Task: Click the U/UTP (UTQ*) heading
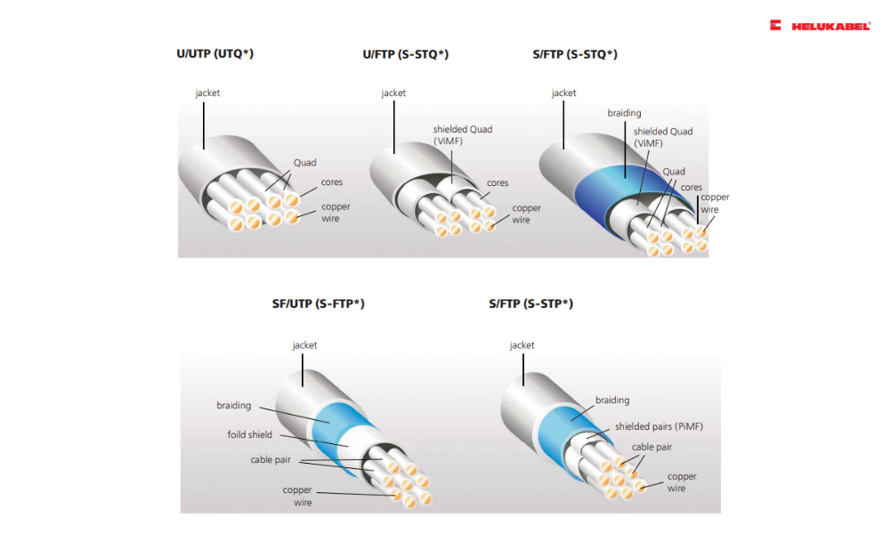(214, 54)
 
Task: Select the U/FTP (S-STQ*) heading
(405, 54)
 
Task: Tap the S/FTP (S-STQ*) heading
(574, 54)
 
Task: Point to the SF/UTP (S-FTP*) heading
(318, 304)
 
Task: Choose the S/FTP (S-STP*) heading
(530, 304)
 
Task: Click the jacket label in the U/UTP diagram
(207, 93)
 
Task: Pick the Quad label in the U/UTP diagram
(304, 163)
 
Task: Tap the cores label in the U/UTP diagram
(332, 182)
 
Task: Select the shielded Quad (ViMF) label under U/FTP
(462, 135)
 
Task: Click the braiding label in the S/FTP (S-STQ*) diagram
(624, 113)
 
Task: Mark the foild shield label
(249, 435)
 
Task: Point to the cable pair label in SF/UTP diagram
(274, 460)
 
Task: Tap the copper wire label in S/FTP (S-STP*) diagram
(682, 482)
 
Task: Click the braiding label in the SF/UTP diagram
(234, 406)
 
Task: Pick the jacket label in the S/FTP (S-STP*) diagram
(522, 345)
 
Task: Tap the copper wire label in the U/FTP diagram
(526, 214)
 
